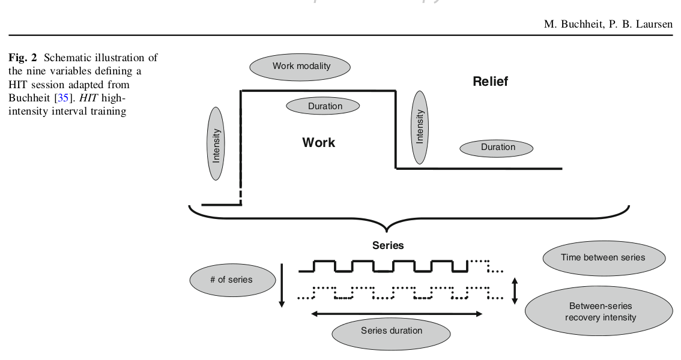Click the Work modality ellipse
click(x=301, y=66)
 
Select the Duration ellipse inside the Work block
click(x=323, y=106)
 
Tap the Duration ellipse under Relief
click(x=497, y=147)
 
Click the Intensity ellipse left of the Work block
click(x=216, y=144)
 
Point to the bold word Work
click(x=318, y=142)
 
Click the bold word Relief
click(x=490, y=82)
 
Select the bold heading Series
click(x=388, y=245)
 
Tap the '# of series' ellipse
click(x=231, y=279)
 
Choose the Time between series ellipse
click(x=603, y=257)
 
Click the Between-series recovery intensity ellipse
click(x=600, y=311)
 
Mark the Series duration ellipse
click(x=391, y=331)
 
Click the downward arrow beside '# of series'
click(x=281, y=285)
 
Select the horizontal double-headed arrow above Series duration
click(x=397, y=313)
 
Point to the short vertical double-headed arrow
click(x=514, y=290)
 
